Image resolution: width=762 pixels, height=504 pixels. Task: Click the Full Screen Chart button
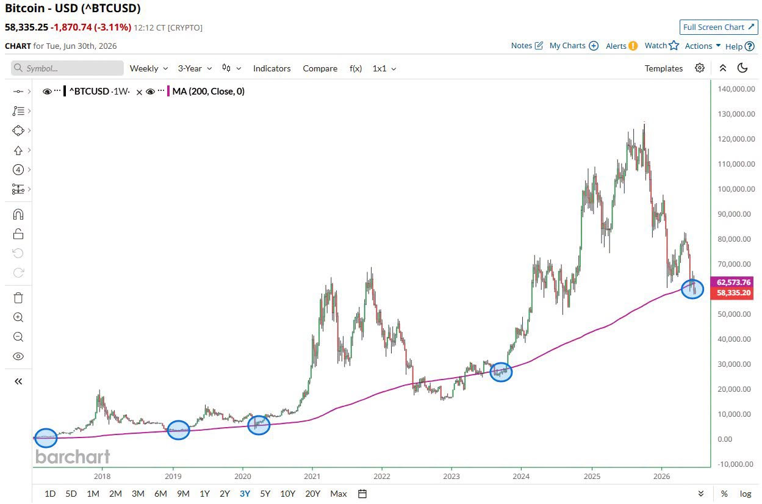pos(719,27)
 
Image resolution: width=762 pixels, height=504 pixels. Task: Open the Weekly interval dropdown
pos(149,68)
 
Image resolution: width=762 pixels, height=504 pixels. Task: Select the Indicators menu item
pos(272,68)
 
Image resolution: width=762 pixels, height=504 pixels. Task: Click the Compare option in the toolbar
pos(320,68)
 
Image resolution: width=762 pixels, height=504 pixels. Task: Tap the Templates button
pos(663,68)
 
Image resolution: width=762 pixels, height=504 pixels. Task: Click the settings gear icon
pos(699,68)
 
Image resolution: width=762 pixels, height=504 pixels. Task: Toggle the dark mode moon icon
pos(742,68)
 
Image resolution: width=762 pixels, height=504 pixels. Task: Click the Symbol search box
pos(67,68)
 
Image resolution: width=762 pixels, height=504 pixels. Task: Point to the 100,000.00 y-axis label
pos(736,189)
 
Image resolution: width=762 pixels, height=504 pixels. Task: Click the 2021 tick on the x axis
pos(312,476)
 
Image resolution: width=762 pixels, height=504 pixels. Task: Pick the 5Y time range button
pos(265,494)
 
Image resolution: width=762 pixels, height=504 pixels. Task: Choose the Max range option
pos(338,494)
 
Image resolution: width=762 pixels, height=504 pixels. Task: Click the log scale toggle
pos(746,494)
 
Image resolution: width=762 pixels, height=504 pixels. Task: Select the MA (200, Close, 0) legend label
pos(208,91)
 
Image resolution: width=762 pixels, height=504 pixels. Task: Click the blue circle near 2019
pos(178,420)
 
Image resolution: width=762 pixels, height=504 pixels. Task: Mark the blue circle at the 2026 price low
pos(692,279)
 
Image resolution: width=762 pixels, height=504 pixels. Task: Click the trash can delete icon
pos(18,298)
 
